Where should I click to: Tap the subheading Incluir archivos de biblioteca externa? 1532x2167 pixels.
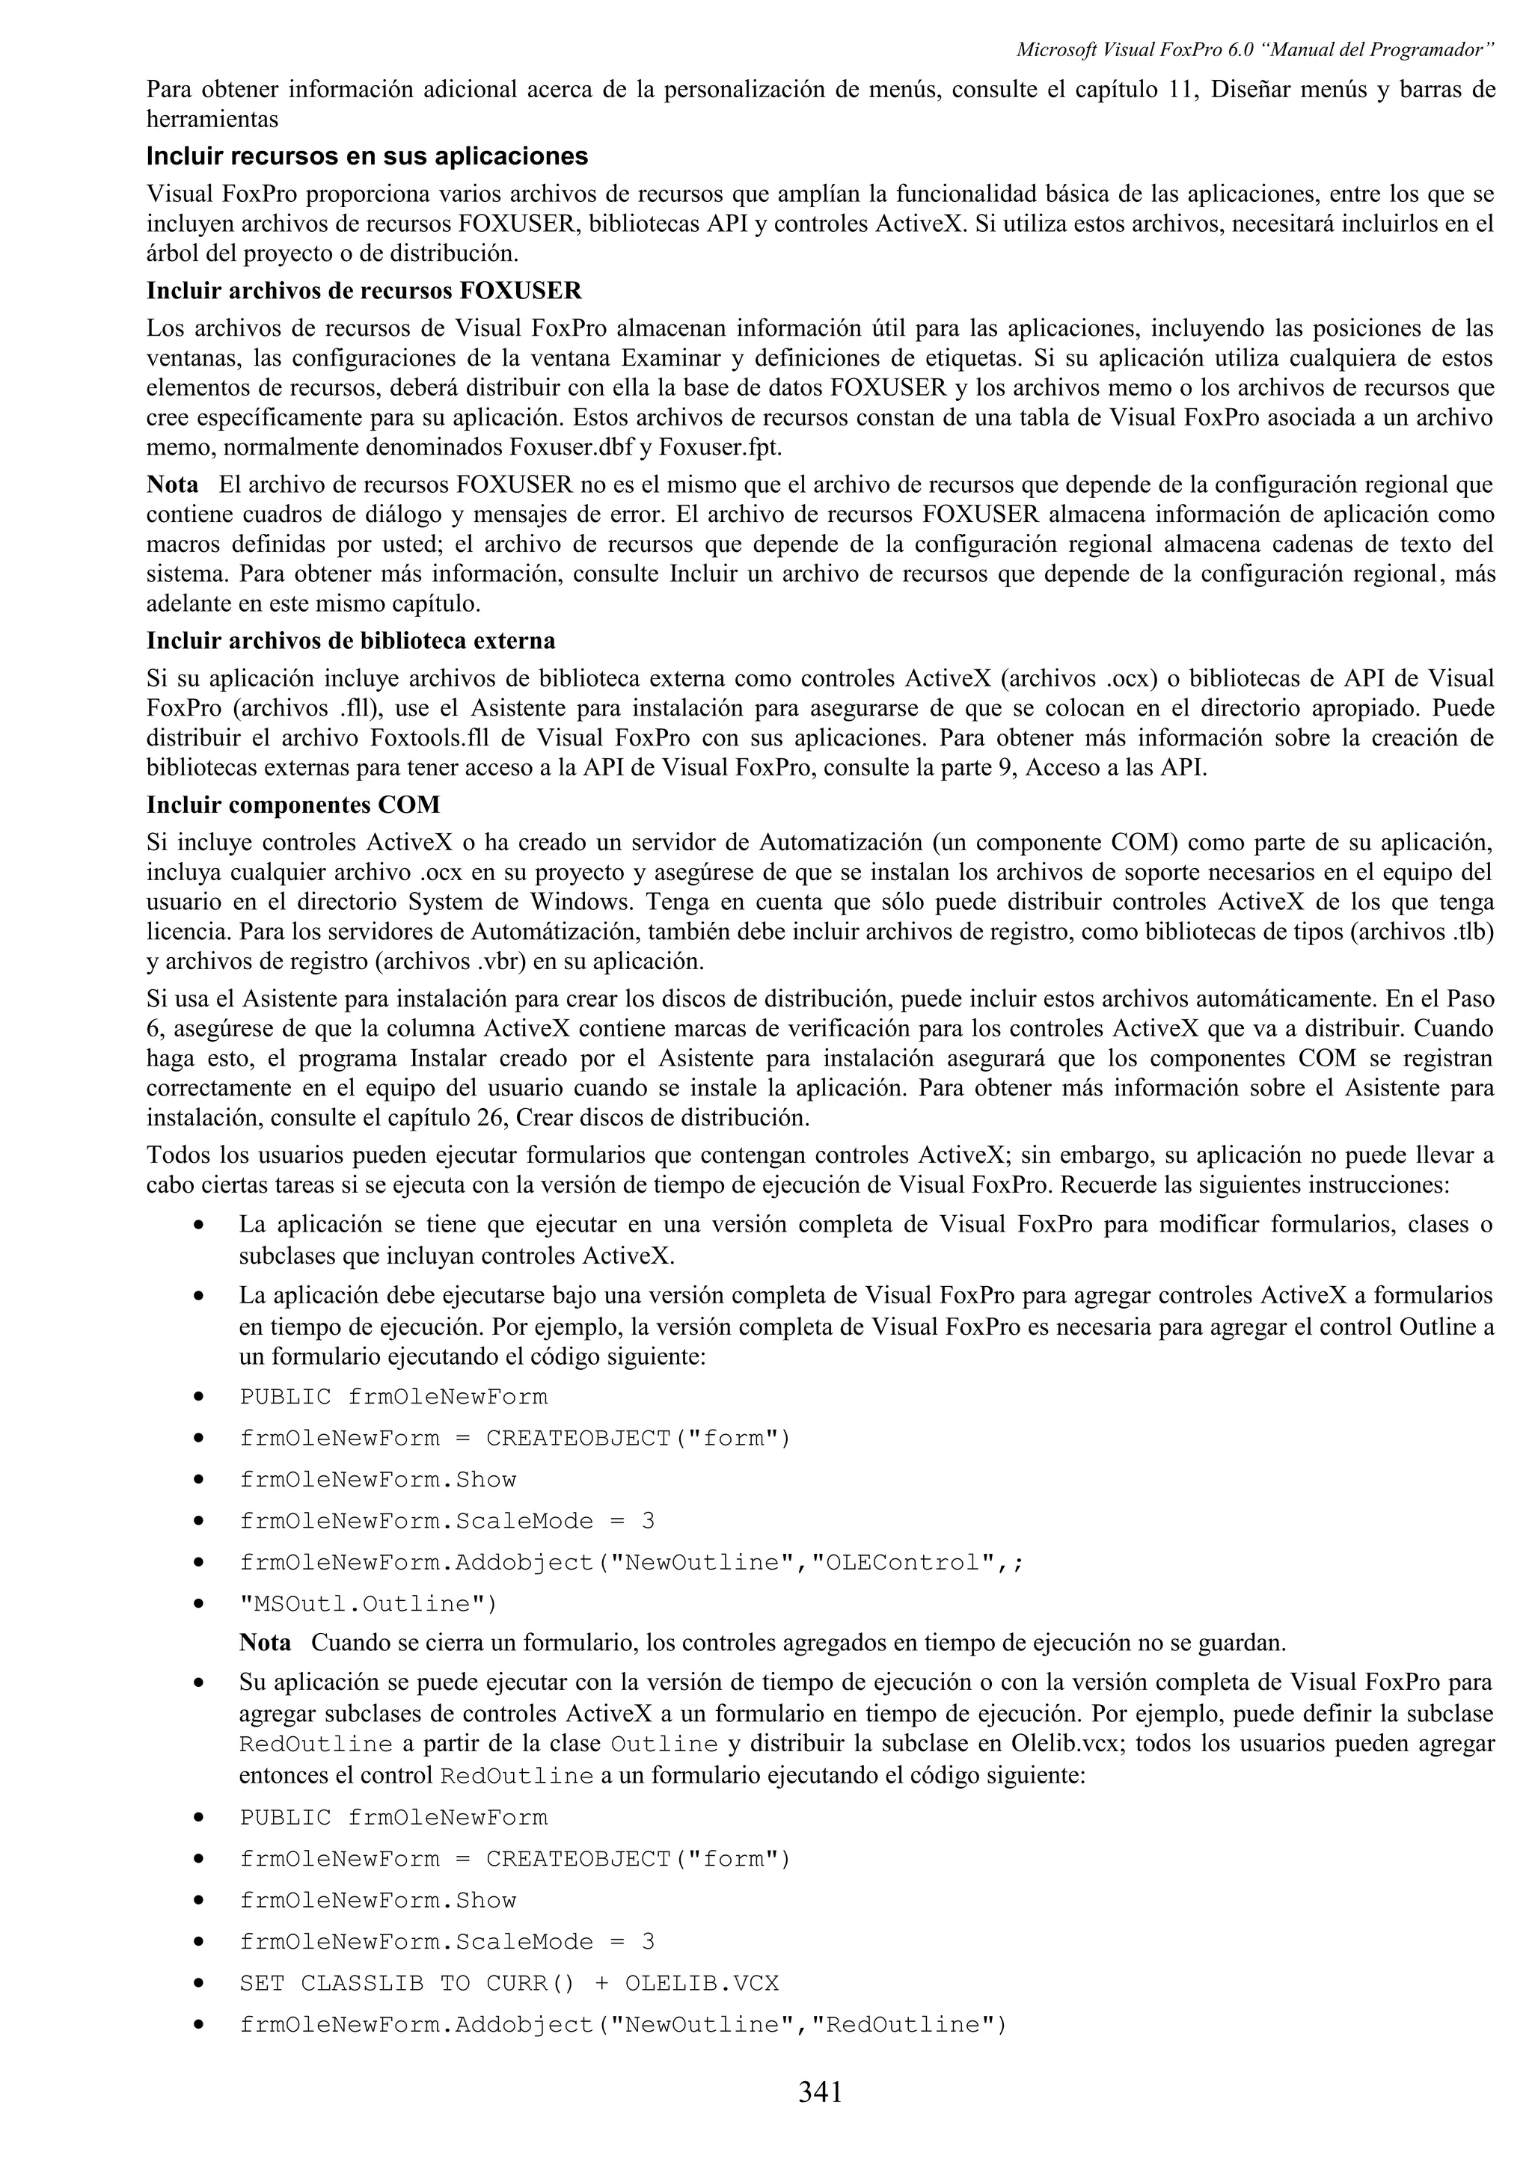pyautogui.click(x=350, y=641)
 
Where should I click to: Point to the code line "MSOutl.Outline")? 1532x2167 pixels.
pyautogui.click(x=368, y=1603)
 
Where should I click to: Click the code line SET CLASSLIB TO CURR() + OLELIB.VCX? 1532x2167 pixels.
pyautogui.click(x=509, y=1983)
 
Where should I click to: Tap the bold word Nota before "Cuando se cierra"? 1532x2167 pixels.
pyautogui.click(x=266, y=1642)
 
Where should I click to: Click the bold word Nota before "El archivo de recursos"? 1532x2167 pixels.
pyautogui.click(x=173, y=485)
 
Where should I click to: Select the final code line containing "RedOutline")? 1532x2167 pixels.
pyautogui.click(x=623, y=2024)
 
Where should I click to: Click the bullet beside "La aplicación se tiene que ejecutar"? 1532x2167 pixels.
pyautogui.click(x=198, y=1225)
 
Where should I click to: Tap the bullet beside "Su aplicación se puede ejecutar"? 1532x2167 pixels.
pyautogui.click(x=198, y=1682)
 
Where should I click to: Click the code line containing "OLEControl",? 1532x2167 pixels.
pyautogui.click(x=631, y=1562)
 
